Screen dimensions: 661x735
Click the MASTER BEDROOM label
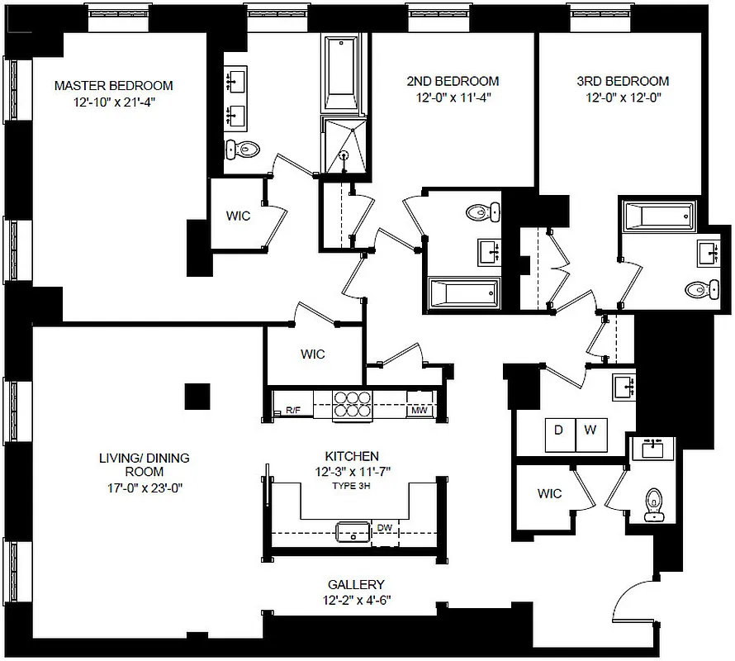[113, 85]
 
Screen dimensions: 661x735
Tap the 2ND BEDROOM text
[453, 81]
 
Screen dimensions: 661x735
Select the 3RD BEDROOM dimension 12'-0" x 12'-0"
[622, 97]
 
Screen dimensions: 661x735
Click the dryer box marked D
[558, 431]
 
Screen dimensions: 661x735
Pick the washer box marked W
[590, 431]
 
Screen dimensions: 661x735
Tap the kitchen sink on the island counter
[353, 530]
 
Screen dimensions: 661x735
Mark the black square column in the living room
[198, 397]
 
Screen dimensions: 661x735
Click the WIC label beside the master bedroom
[239, 216]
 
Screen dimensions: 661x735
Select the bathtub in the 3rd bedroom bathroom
[658, 218]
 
